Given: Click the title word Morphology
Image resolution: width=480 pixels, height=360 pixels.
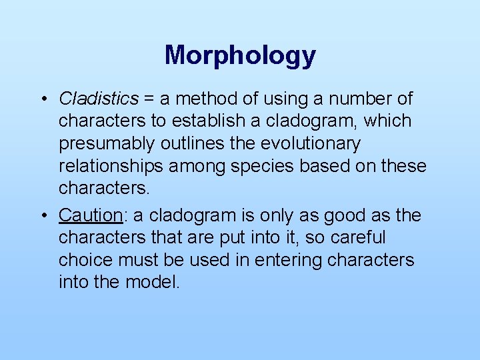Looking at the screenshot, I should [x=240, y=55].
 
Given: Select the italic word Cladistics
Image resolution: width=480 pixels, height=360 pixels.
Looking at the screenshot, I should [x=99, y=99].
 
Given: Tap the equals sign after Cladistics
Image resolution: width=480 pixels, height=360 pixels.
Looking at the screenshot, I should [x=149, y=99].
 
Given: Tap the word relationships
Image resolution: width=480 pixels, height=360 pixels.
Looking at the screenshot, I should [x=111, y=166].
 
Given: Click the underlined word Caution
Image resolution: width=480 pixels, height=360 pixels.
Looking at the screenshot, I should [x=90, y=215].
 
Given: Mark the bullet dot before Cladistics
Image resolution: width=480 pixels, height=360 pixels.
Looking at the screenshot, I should [x=42, y=100].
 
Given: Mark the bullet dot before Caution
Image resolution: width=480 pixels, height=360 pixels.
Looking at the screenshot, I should [x=42, y=216].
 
